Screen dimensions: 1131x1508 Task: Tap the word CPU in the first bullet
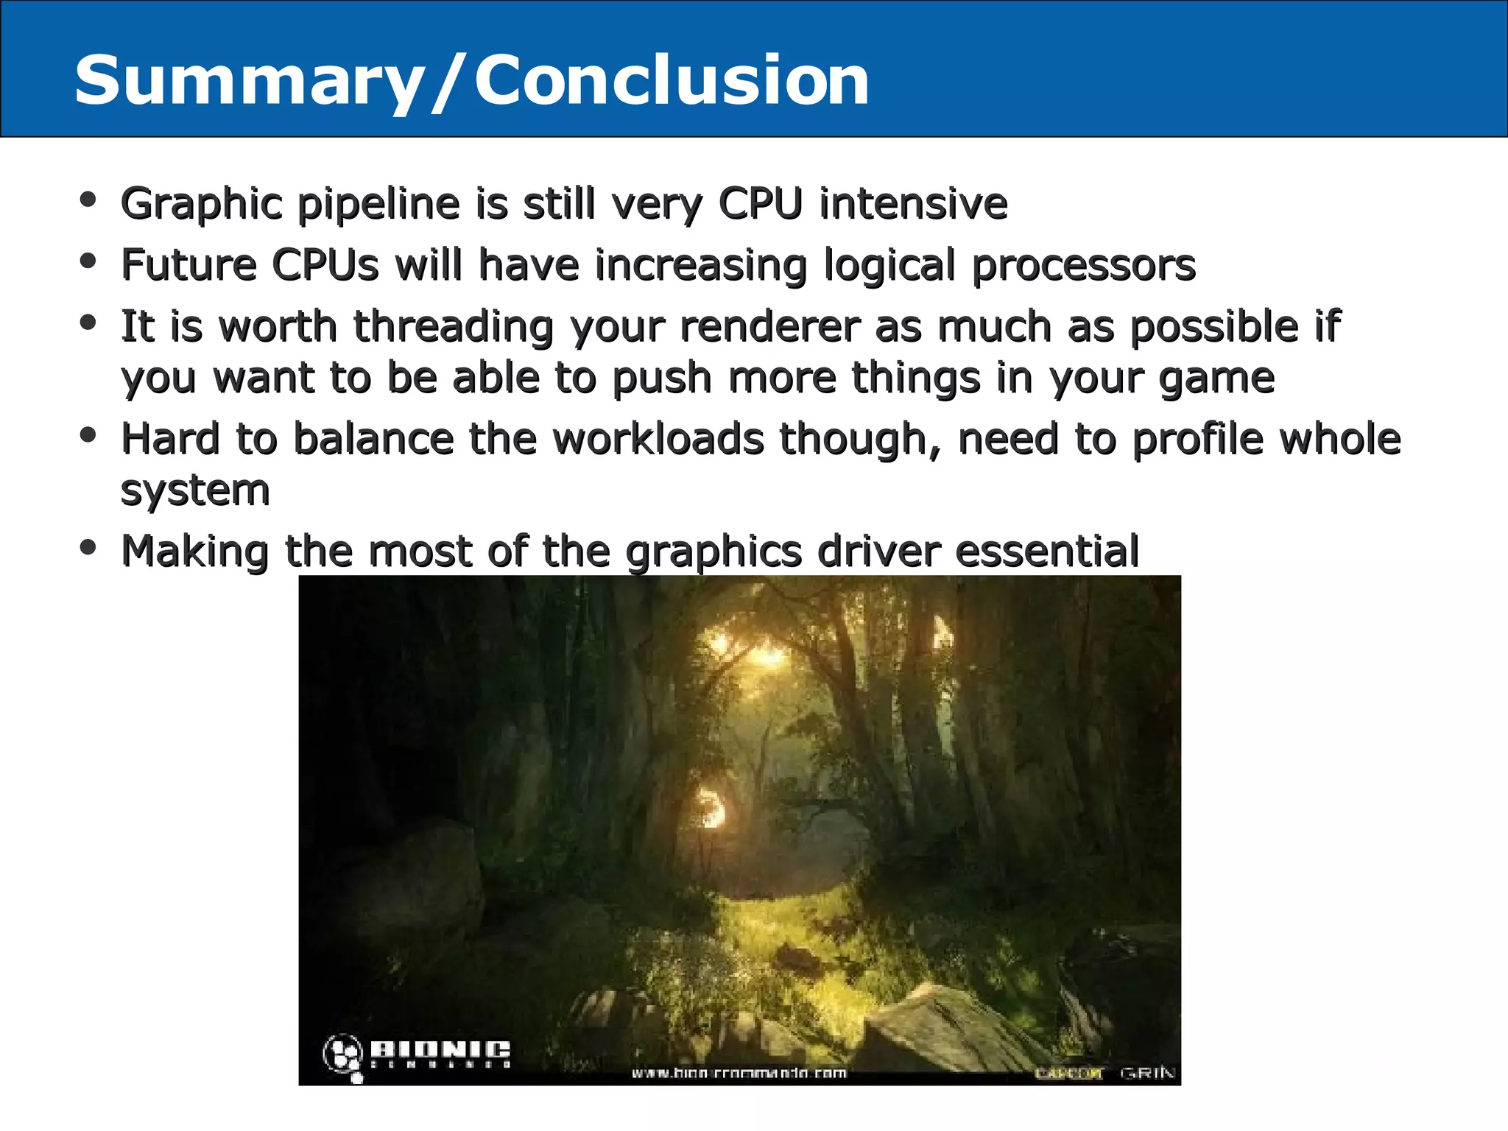pyautogui.click(x=759, y=203)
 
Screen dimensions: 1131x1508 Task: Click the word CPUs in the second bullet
pyautogui.click(x=325, y=265)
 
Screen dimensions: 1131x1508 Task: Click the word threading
pyautogui.click(x=453, y=327)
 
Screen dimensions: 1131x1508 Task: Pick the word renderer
pyautogui.click(x=769, y=327)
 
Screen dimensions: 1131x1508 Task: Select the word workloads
pyautogui.click(x=658, y=440)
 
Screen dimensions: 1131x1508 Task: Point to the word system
pyautogui.click(x=195, y=491)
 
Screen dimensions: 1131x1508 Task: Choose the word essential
pyautogui.click(x=1047, y=552)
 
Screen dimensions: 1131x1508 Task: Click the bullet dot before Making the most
pyautogui.click(x=88, y=547)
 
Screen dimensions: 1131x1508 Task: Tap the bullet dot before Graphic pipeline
pyautogui.click(x=88, y=200)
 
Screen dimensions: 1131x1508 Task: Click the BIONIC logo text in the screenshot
pyautogui.click(x=439, y=1049)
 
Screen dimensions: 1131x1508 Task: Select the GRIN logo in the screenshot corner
pyautogui.click(x=1146, y=1073)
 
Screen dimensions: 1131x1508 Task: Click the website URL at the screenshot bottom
pyautogui.click(x=739, y=1073)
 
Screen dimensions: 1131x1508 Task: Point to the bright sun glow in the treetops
pyautogui.click(x=766, y=652)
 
